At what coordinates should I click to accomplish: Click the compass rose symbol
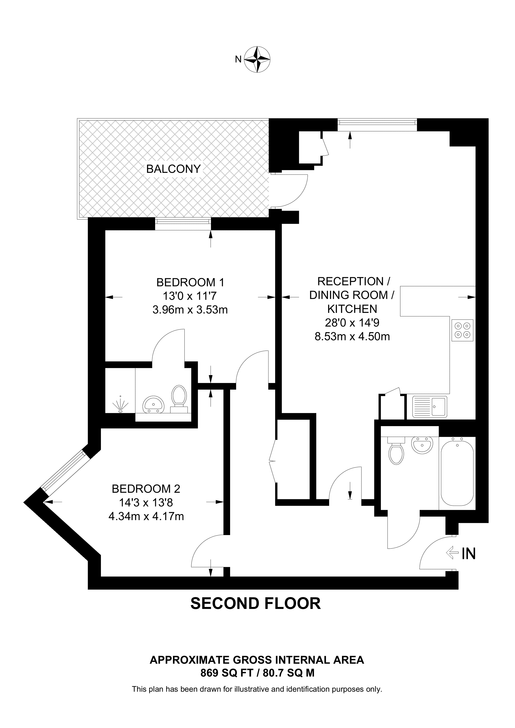257,59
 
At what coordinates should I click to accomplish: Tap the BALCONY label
173,169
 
